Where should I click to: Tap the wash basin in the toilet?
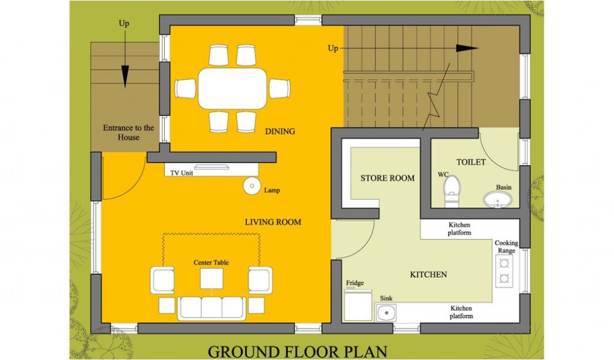click(x=498, y=200)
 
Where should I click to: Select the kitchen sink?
click(x=387, y=313)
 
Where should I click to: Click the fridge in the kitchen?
click(x=357, y=305)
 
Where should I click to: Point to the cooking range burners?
click(x=504, y=271)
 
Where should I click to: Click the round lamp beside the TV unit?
click(x=252, y=185)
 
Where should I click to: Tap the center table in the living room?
click(x=212, y=278)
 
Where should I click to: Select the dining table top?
click(x=232, y=89)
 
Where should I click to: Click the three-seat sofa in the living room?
click(x=212, y=308)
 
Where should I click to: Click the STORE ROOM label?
click(x=387, y=178)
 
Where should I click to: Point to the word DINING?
click(x=280, y=131)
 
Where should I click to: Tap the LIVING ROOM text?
click(x=273, y=222)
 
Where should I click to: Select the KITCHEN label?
click(x=428, y=275)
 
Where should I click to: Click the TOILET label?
click(x=471, y=162)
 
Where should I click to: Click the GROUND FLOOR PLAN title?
click(x=297, y=352)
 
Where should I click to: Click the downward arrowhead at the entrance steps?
click(x=125, y=76)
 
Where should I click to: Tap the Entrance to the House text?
click(x=128, y=133)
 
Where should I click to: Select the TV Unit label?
click(x=181, y=173)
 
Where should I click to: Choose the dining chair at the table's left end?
click(x=185, y=89)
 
